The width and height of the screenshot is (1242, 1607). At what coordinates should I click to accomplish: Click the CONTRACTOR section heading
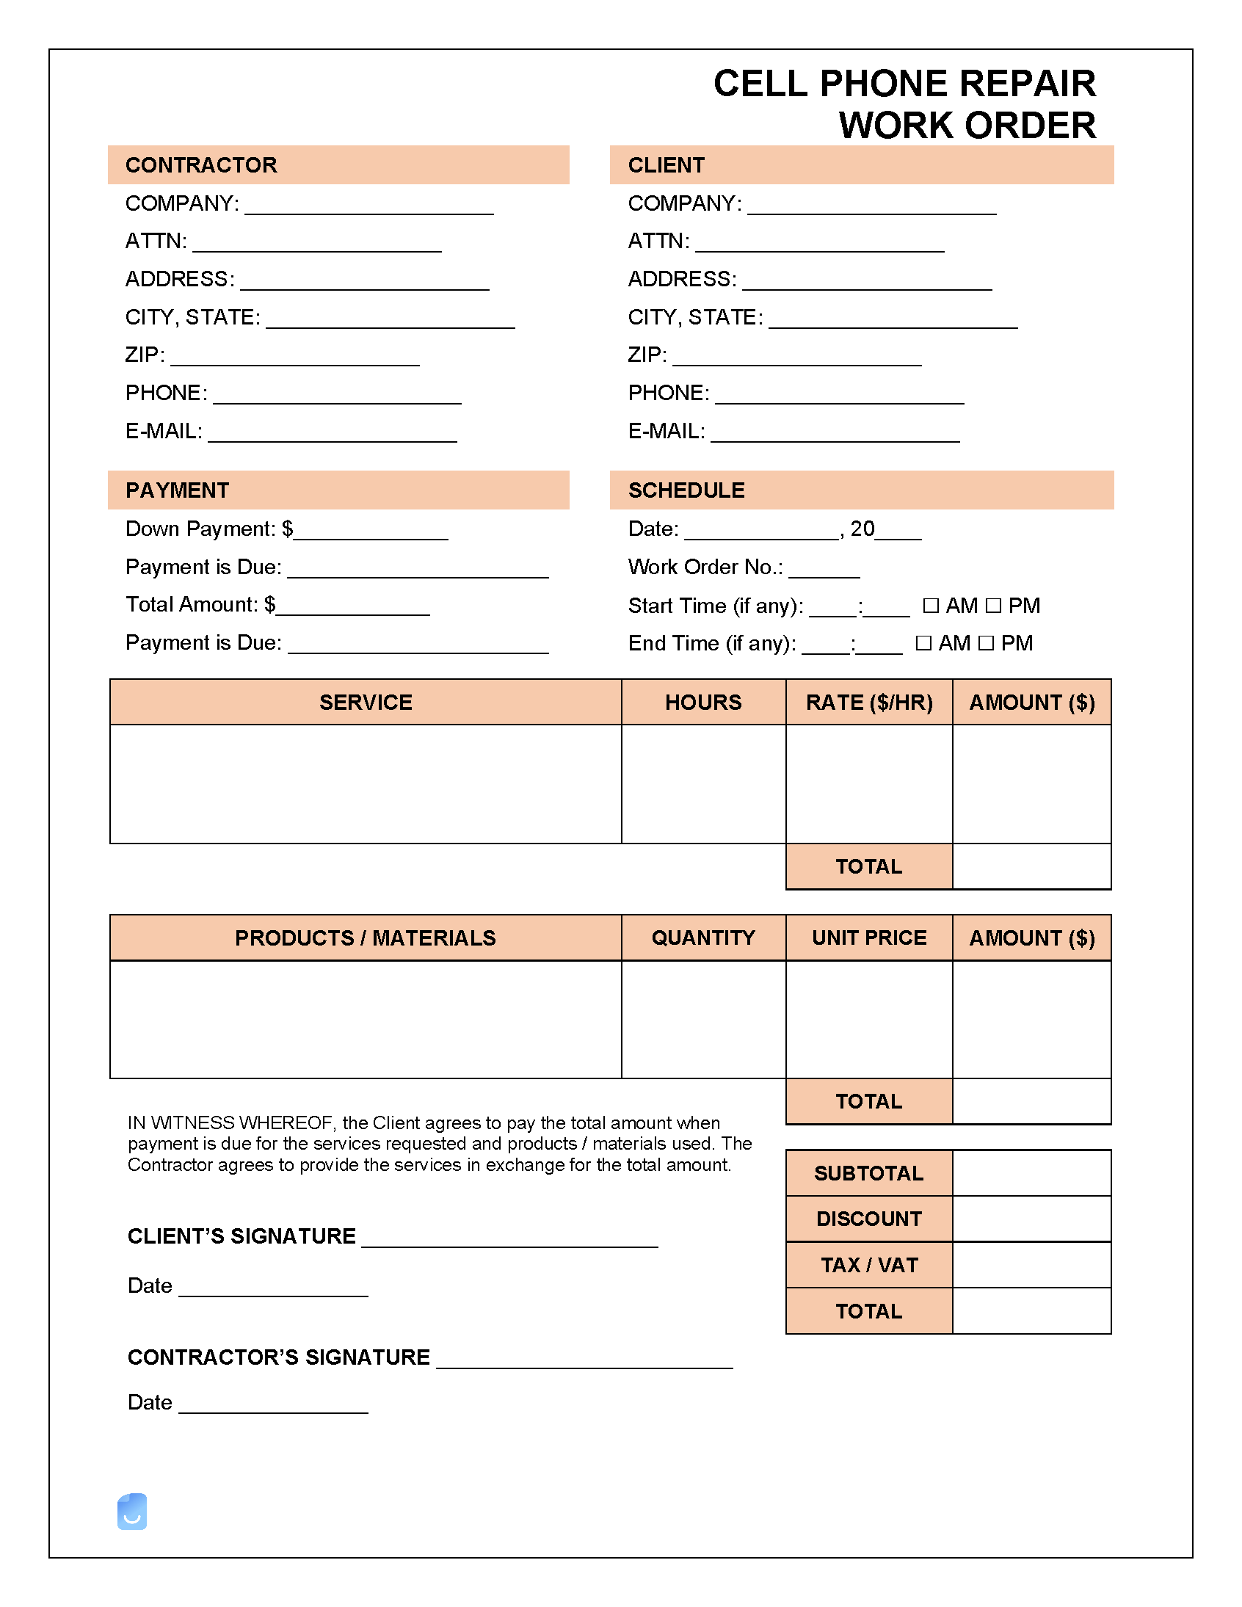tap(201, 165)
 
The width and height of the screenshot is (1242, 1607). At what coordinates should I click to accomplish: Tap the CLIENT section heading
tap(666, 165)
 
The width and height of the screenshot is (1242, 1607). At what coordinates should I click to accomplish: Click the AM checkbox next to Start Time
tap(931, 605)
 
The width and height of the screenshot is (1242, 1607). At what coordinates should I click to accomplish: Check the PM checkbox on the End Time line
tap(987, 643)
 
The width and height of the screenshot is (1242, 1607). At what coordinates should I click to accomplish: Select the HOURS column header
tap(702, 702)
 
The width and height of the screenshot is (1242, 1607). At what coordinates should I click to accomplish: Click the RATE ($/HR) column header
tap(869, 702)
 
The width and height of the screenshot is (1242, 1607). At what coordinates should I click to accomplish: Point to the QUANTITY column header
tap(702, 937)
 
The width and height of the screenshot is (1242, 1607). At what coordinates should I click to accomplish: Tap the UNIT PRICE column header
tap(869, 937)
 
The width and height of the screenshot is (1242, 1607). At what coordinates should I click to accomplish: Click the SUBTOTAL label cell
tap(868, 1173)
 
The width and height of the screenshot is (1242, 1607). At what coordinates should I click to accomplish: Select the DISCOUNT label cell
tap(868, 1219)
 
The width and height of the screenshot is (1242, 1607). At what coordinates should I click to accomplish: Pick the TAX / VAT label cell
tap(868, 1265)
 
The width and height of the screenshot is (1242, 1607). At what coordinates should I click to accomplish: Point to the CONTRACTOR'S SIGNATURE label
tap(278, 1357)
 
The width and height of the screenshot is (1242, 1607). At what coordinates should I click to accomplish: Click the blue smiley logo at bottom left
tap(132, 1512)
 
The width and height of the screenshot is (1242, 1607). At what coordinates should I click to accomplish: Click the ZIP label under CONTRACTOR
tap(144, 355)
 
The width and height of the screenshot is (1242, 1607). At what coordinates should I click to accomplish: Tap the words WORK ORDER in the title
tap(967, 125)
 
